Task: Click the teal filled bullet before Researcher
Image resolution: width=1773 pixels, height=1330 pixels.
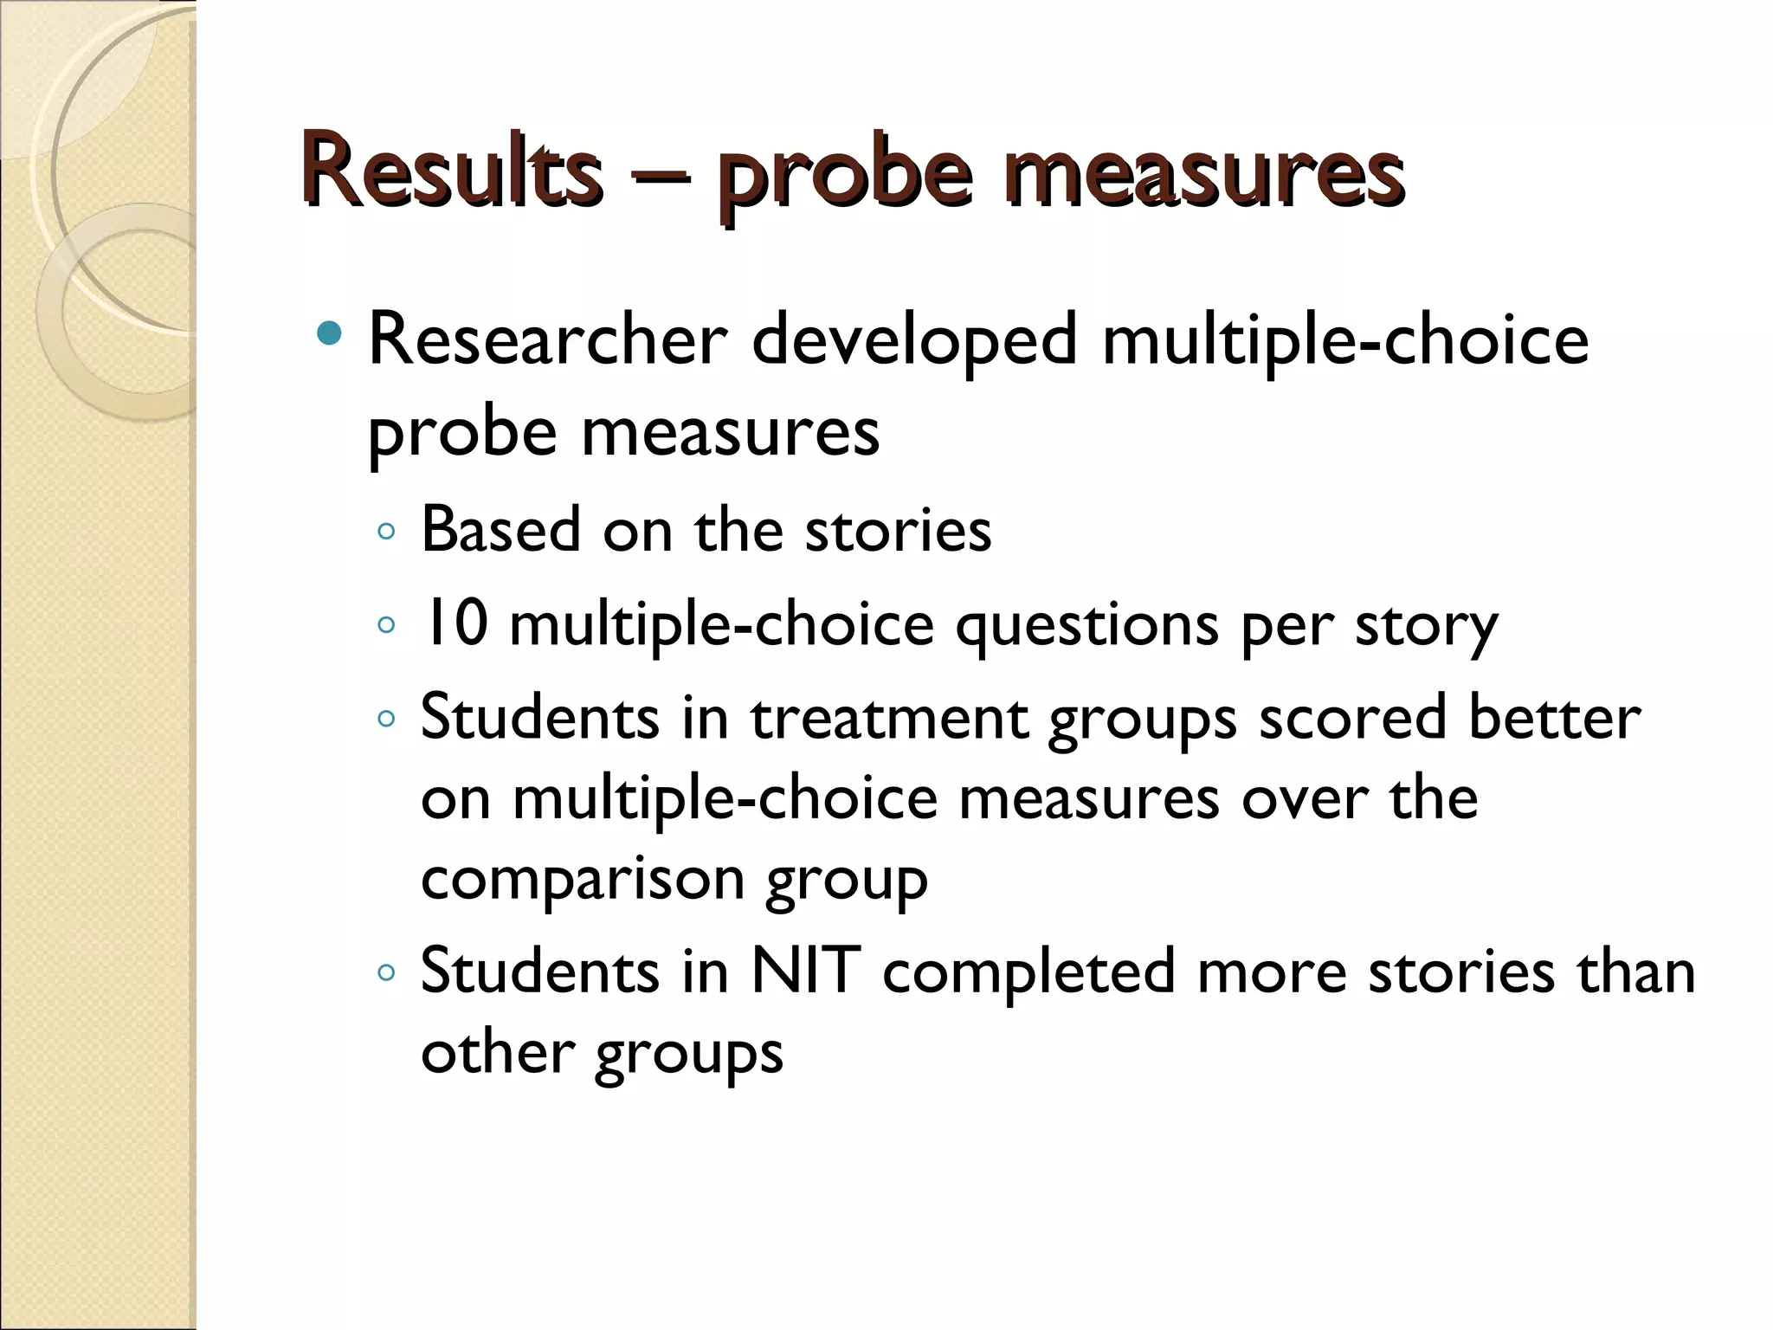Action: (x=330, y=333)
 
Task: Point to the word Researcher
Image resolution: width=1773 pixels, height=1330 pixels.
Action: (x=548, y=340)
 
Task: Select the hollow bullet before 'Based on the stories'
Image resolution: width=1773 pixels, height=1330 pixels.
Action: (x=386, y=532)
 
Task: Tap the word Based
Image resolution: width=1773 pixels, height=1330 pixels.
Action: (x=500, y=529)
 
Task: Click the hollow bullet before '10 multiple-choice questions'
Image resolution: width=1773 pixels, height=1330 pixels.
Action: (x=386, y=624)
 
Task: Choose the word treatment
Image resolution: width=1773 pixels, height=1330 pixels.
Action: (x=889, y=719)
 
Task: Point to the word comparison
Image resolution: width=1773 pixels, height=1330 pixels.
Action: (x=583, y=881)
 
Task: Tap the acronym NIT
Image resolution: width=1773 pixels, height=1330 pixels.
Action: (x=805, y=972)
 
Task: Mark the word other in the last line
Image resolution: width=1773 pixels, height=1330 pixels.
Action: (x=498, y=1053)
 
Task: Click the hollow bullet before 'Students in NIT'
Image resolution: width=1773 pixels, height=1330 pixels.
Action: (x=386, y=973)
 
